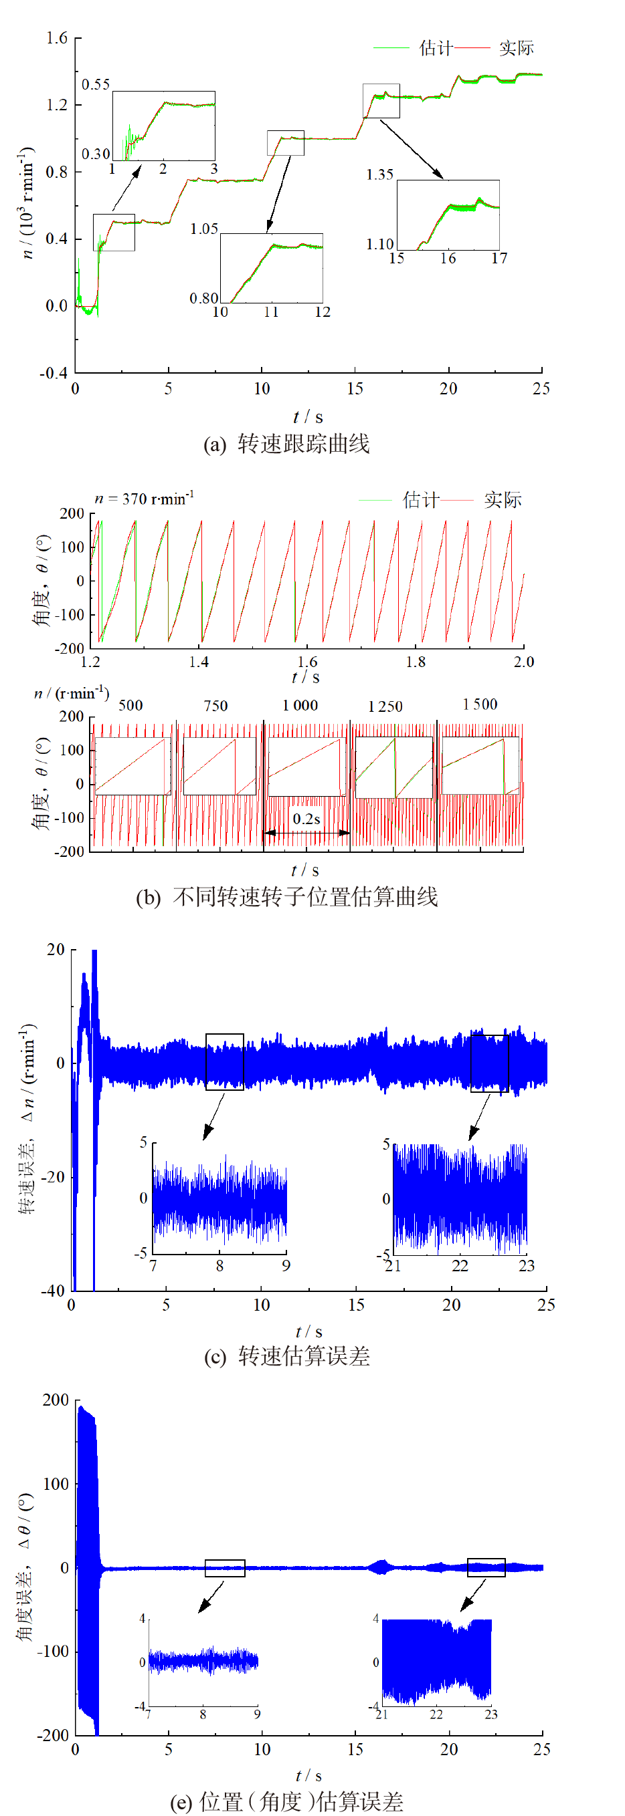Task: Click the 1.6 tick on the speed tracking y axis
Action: (56, 37)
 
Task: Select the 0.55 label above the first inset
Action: (95, 85)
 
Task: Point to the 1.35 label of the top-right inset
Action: (379, 174)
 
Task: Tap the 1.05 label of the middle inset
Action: (204, 229)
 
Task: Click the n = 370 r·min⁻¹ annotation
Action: (144, 499)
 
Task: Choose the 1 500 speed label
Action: (480, 704)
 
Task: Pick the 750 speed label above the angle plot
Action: (215, 706)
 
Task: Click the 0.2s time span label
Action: (306, 819)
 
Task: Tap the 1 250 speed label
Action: (385, 706)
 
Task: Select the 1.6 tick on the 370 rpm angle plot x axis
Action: (307, 662)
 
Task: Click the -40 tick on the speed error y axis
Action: (53, 1291)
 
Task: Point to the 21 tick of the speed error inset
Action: (393, 1266)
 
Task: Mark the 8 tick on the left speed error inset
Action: (219, 1266)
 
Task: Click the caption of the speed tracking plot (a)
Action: (286, 443)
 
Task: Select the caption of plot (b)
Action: (286, 897)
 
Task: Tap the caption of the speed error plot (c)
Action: (286, 1355)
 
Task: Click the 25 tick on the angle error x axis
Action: (541, 1749)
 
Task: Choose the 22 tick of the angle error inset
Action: (436, 1714)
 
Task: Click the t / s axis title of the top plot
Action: (308, 416)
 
